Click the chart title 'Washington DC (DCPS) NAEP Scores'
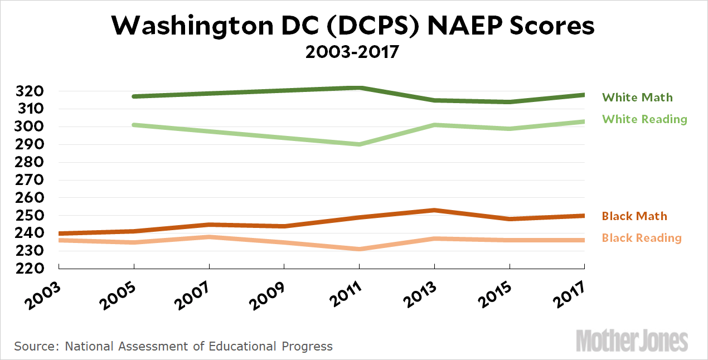point(353,26)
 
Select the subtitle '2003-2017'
point(353,53)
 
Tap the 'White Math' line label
point(637,98)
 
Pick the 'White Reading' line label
point(644,119)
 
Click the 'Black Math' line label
point(634,216)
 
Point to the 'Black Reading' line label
point(642,238)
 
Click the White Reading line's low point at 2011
point(360,144)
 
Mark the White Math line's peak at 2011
point(360,88)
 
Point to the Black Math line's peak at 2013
point(434,210)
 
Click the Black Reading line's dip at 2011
point(360,249)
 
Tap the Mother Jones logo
point(632,340)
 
